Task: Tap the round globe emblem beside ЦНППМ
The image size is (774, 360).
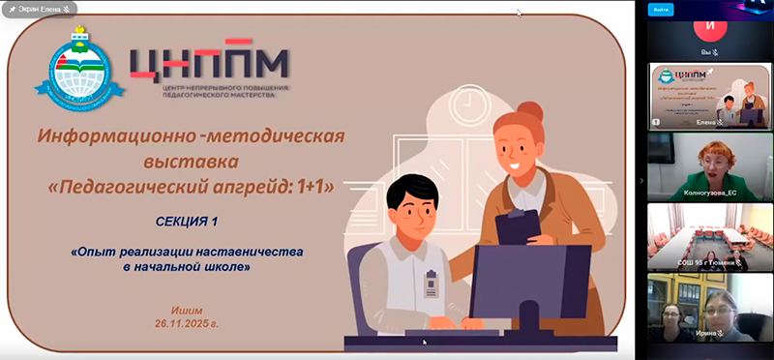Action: pyautogui.click(x=88, y=70)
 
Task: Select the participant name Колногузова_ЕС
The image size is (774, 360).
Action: pyautogui.click(x=711, y=193)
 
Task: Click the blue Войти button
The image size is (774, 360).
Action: pyautogui.click(x=661, y=9)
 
